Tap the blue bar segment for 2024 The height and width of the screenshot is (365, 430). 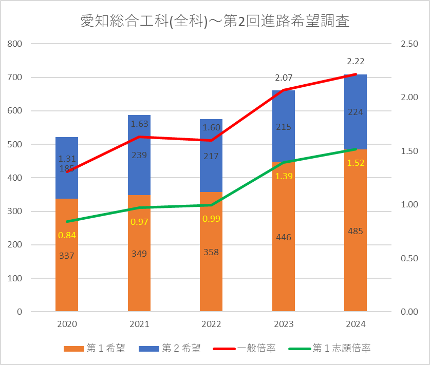pos(355,128)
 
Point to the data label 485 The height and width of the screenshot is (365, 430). pos(355,231)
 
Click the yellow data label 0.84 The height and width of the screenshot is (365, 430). pos(67,235)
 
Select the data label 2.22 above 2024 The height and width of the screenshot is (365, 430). pos(356,62)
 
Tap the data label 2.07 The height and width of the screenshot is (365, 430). pos(284,79)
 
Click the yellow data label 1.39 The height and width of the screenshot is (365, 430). pos(284,176)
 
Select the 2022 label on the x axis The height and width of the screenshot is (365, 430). pos(211,324)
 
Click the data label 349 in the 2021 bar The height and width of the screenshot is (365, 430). pos(139,254)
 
